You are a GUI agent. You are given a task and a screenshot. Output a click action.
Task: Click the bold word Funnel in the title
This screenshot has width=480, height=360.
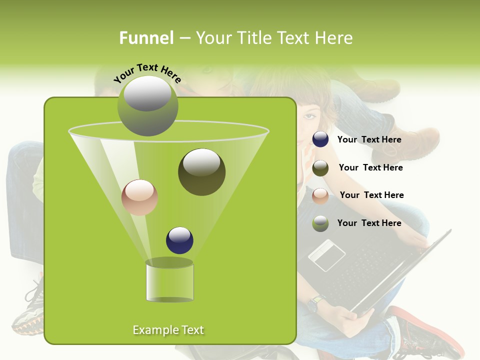[146, 38]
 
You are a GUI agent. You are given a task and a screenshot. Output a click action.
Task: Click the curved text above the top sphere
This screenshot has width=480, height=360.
[147, 73]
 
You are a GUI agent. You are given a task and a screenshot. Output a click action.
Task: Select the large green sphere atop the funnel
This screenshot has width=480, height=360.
[147, 106]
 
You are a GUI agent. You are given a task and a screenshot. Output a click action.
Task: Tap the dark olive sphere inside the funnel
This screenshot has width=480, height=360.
[201, 172]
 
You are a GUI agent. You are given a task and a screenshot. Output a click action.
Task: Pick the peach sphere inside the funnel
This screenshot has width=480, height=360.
[139, 197]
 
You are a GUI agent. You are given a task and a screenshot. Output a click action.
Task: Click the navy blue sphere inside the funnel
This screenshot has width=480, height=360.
[179, 240]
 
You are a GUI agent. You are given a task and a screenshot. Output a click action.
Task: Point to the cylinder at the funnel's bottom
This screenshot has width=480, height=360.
[169, 281]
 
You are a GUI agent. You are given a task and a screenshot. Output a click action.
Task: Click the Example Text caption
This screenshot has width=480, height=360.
[168, 330]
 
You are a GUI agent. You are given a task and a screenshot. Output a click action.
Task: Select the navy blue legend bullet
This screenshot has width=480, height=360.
[320, 139]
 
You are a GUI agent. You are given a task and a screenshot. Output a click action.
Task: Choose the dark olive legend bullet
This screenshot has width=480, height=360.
[320, 168]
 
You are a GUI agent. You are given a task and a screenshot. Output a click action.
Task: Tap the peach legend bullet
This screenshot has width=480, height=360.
[320, 196]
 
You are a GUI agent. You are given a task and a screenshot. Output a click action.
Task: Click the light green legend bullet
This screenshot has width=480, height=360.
[320, 223]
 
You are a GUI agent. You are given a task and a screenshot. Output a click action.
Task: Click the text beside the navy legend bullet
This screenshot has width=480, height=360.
[369, 139]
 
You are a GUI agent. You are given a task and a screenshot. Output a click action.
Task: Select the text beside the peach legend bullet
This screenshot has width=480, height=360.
[371, 195]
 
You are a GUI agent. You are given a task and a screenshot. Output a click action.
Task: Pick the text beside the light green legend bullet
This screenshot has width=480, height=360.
[369, 223]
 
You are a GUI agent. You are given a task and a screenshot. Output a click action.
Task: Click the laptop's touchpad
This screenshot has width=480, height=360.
[326, 254]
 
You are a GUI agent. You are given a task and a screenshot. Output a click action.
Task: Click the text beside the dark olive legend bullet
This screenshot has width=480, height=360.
[370, 167]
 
